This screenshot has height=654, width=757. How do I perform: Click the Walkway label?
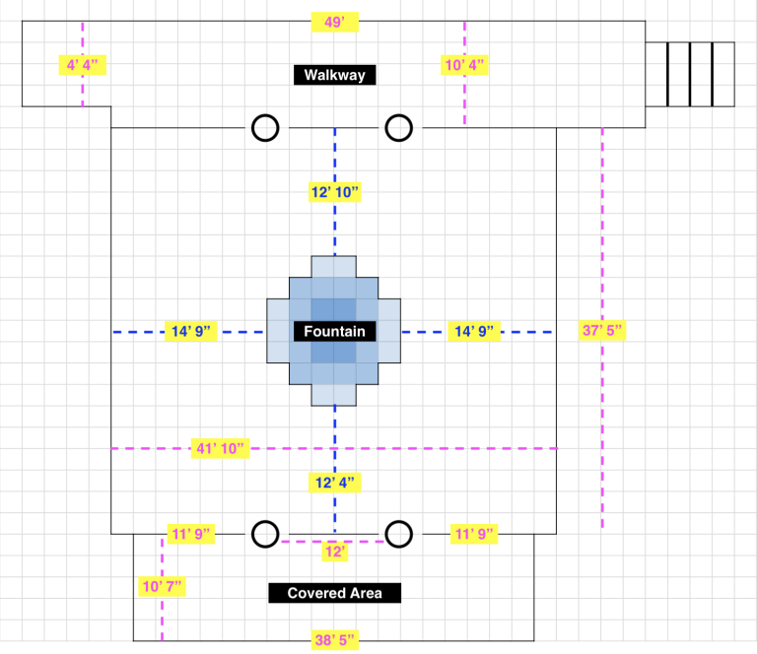coord(334,75)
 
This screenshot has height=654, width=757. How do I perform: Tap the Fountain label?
coord(334,332)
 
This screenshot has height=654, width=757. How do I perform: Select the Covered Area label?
coord(334,593)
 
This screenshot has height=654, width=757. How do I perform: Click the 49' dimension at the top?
coord(334,21)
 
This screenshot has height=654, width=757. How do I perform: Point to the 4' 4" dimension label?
coord(82,65)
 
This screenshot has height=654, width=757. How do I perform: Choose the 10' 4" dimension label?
coord(465,65)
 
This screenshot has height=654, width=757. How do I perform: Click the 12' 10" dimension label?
coord(334,193)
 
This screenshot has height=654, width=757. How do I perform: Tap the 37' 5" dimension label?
coord(602,331)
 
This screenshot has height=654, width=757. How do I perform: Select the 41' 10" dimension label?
coord(220,449)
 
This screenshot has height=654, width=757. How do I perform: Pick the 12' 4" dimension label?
coord(334,483)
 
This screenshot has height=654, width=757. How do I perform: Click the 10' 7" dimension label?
coord(162,587)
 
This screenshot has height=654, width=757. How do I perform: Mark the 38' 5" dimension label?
coord(334,640)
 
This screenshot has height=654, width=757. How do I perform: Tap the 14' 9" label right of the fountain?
coord(474,332)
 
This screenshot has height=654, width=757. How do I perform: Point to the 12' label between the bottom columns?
coord(335,553)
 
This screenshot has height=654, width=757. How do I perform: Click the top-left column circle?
coord(265,128)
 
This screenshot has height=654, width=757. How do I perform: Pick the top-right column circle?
coord(398,128)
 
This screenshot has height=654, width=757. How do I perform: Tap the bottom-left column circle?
coord(265,534)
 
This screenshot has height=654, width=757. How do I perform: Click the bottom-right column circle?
coord(398,534)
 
